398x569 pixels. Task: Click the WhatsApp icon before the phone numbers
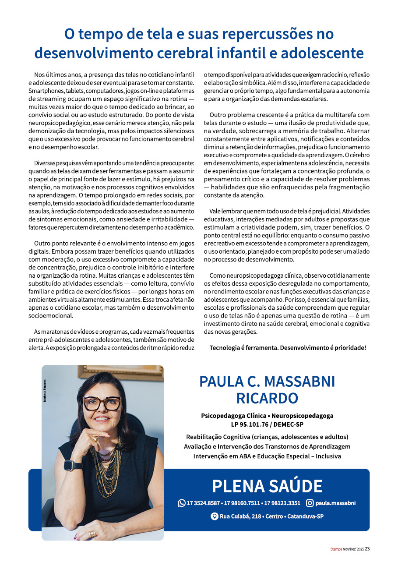coord(182,503)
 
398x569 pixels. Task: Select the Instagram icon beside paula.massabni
coord(310,503)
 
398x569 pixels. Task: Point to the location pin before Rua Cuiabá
coord(214,516)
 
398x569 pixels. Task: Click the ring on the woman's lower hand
coord(92,534)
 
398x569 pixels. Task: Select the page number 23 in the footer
coord(367,548)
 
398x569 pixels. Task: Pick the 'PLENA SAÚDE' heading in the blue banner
coord(267,486)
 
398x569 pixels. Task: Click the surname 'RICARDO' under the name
coord(267,398)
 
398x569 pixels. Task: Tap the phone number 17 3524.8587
coord(204,503)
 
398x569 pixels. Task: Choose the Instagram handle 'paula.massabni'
coord(335,503)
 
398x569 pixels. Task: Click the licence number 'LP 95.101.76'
coord(250,424)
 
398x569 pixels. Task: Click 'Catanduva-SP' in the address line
coord(305,517)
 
